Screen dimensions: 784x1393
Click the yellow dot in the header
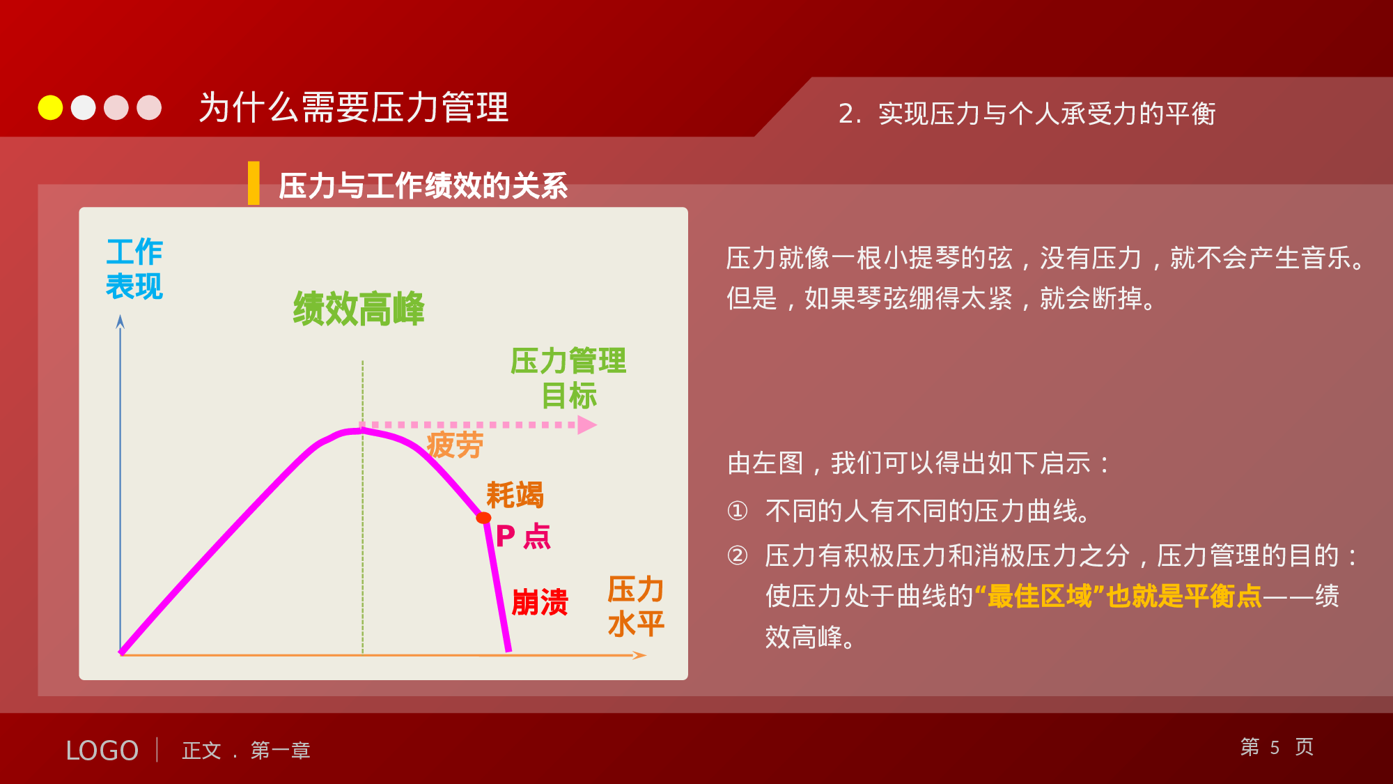point(50,108)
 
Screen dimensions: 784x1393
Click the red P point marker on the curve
point(483,518)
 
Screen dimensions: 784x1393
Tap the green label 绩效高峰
point(359,309)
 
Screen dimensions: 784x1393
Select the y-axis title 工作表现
point(134,269)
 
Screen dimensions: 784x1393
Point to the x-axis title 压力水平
point(635,606)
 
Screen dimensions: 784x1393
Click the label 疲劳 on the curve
point(455,445)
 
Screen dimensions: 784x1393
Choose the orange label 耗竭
point(515,495)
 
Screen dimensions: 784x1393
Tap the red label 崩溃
point(540,602)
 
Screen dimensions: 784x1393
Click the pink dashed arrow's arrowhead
point(587,424)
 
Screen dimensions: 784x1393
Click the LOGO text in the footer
point(102,751)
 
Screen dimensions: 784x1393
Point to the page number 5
point(1275,748)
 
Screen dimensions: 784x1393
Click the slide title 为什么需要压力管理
point(354,108)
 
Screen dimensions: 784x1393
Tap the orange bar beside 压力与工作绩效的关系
point(254,183)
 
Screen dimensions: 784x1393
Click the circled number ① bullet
point(737,512)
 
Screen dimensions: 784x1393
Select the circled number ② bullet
point(737,556)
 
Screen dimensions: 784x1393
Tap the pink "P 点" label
point(523,537)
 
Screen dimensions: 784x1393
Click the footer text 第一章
point(280,751)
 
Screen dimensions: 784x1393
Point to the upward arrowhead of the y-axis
point(120,321)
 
